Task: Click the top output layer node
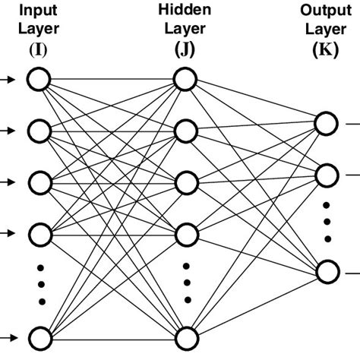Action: pos(327,124)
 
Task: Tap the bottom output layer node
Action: pos(327,271)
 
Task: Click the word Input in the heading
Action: pos(37,11)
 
